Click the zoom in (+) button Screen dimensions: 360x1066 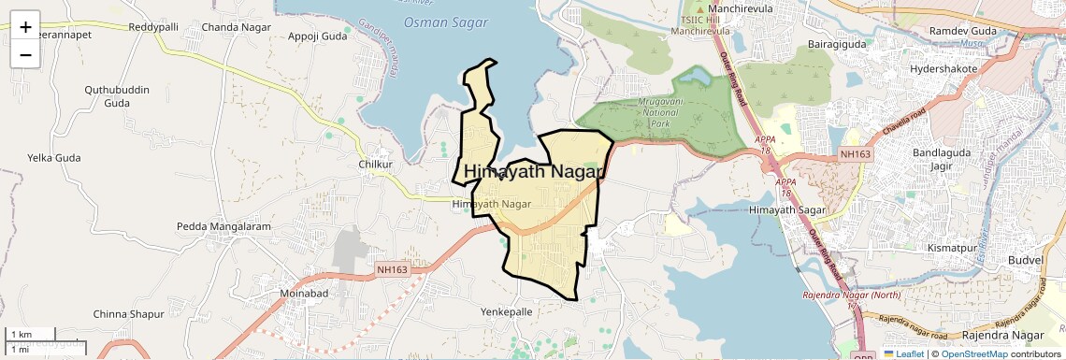pos(25,27)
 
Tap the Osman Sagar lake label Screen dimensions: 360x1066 pos(438,22)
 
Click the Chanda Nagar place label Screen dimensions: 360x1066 pos(236,27)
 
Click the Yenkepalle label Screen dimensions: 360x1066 pos(506,311)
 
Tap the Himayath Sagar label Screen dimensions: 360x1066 pos(787,211)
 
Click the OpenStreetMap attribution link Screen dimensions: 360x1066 pos(973,353)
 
